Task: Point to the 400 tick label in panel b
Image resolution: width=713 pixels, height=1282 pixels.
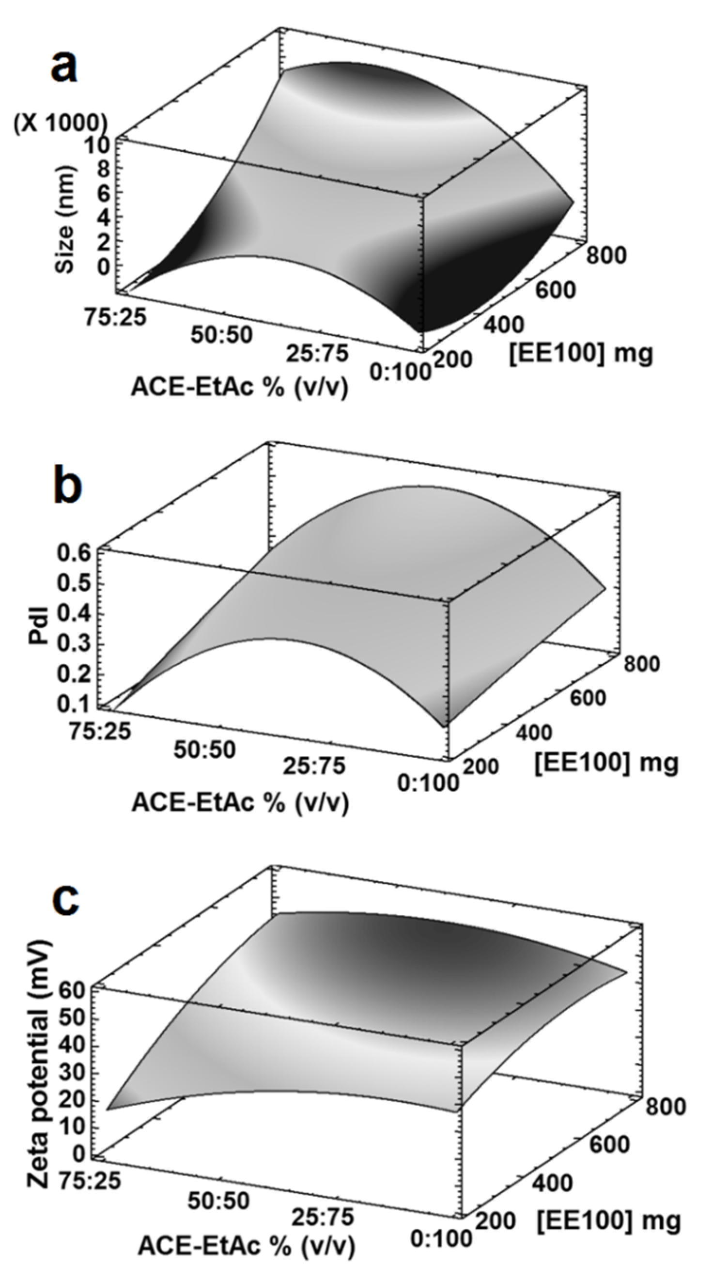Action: [533, 733]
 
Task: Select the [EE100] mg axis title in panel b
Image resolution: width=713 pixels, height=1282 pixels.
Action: [606, 762]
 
